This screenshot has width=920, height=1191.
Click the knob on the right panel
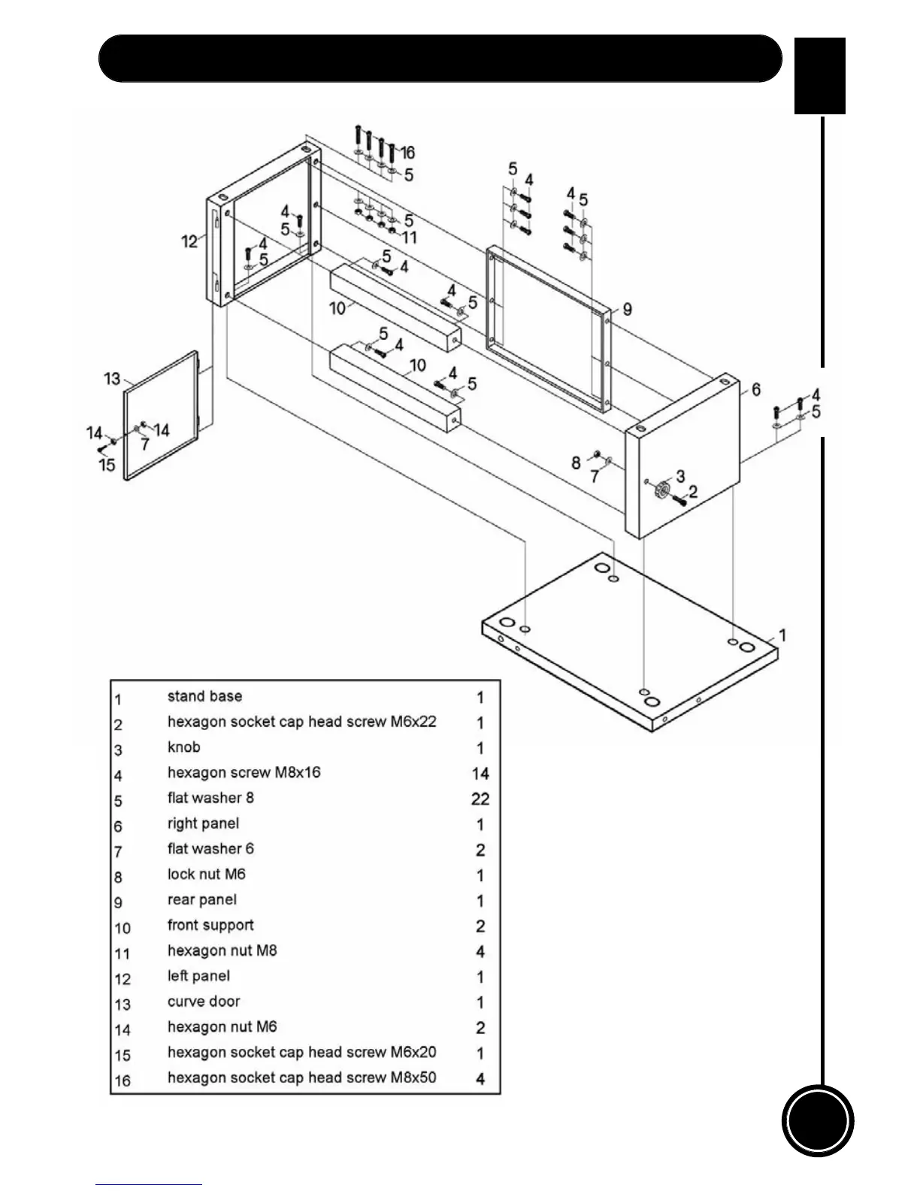[x=662, y=489]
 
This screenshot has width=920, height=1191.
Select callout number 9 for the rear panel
[x=628, y=309]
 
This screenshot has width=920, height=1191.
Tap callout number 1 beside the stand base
[x=782, y=635]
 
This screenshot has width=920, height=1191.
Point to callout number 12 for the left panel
[x=189, y=241]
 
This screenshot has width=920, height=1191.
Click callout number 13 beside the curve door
[x=112, y=379]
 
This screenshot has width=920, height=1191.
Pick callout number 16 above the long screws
[x=407, y=153]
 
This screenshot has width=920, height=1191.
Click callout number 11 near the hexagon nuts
[x=410, y=238]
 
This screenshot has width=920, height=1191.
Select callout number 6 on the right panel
[x=755, y=389]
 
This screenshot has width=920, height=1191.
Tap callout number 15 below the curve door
[x=107, y=465]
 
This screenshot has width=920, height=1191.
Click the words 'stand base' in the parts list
[x=204, y=696]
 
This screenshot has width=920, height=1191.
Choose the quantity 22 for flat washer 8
[x=480, y=799]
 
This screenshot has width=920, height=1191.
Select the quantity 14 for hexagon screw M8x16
[x=480, y=773]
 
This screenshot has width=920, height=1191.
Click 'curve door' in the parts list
[x=204, y=1002]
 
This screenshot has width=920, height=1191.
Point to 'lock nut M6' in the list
[x=207, y=874]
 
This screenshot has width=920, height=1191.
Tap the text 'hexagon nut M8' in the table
[x=222, y=950]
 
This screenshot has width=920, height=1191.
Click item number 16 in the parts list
[x=123, y=1080]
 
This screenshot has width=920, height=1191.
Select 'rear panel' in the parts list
[x=201, y=900]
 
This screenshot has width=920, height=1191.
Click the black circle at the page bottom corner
[x=818, y=1120]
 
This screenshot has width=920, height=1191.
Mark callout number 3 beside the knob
[x=680, y=476]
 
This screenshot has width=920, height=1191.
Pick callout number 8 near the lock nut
[x=576, y=462]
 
